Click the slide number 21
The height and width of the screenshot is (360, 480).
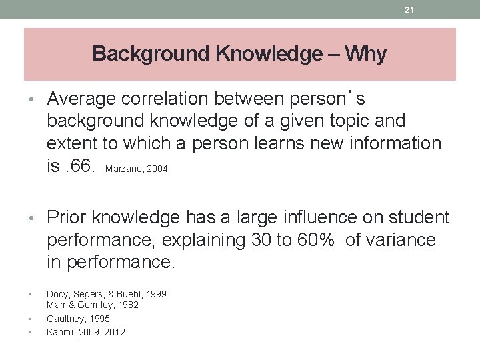pyautogui.click(x=410, y=9)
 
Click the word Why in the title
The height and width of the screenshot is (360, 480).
pyautogui.click(x=366, y=54)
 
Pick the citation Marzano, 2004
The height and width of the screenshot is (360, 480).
pyautogui.click(x=136, y=169)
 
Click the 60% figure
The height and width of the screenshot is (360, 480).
pyautogui.click(x=315, y=240)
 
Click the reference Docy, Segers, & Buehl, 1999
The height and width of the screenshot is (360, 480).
pyautogui.click(x=107, y=294)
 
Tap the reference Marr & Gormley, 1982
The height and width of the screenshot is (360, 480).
pyautogui.click(x=93, y=305)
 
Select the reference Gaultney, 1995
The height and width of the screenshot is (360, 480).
pyautogui.click(x=79, y=319)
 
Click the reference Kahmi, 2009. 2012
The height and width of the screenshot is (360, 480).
pyautogui.click(x=86, y=332)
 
